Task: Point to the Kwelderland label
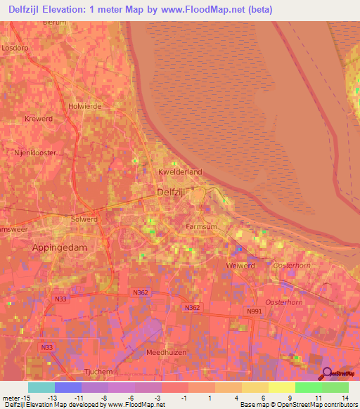pyautogui.click(x=180, y=171)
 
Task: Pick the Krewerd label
pyautogui.click(x=39, y=119)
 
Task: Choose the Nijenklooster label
pyautogui.click(x=35, y=152)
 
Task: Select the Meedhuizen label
pyautogui.click(x=165, y=352)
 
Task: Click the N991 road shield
pyautogui.click(x=254, y=310)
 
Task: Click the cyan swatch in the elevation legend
pyautogui.click(x=41, y=387)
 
